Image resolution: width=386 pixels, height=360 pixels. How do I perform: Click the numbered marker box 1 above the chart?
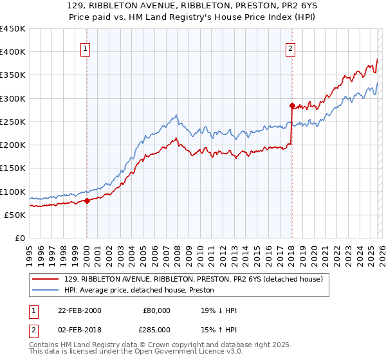pos(86,47)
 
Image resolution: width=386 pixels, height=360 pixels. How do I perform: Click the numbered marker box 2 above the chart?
pos(291,47)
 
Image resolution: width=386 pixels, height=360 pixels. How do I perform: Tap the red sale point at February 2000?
pos(87,201)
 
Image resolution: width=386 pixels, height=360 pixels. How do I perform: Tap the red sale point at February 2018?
pos(291,105)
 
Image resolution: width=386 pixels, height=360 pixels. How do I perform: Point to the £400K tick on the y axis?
pos(13,52)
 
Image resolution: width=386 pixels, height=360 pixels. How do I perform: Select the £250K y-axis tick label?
pos(13,122)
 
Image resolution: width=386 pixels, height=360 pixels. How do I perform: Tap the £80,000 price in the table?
pos(157,310)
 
